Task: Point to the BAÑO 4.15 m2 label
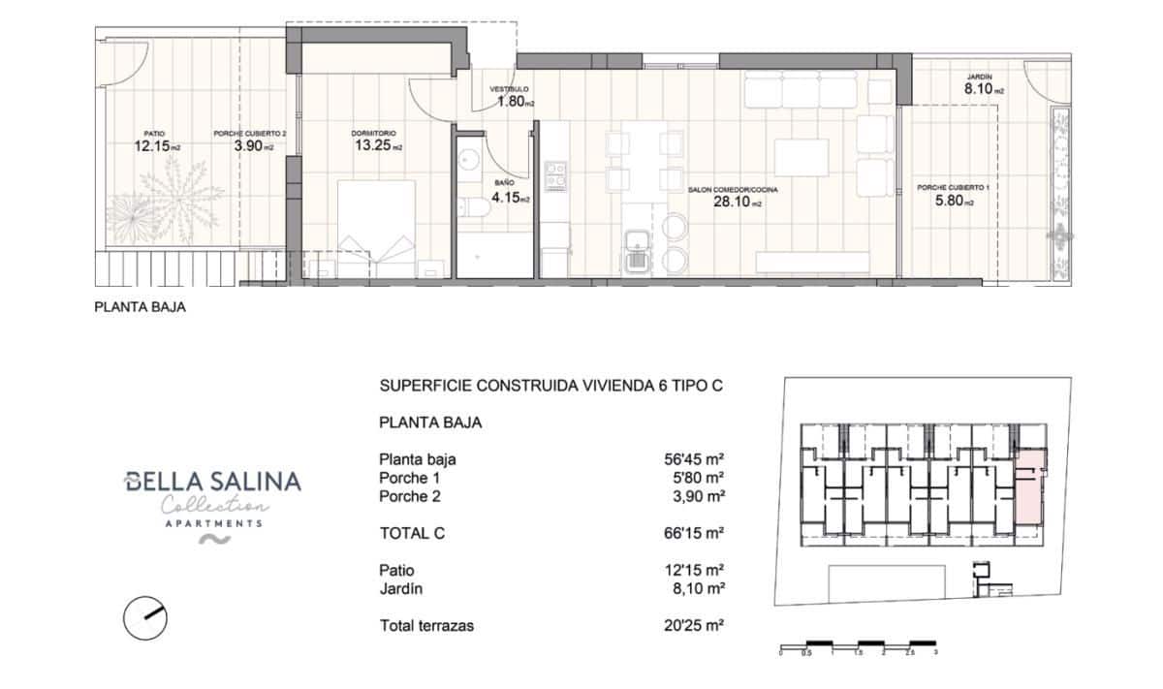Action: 511,192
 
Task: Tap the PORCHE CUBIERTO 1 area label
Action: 947,196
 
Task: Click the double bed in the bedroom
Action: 376,229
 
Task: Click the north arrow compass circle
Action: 145,617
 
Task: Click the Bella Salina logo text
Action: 213,482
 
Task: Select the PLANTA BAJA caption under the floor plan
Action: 139,309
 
